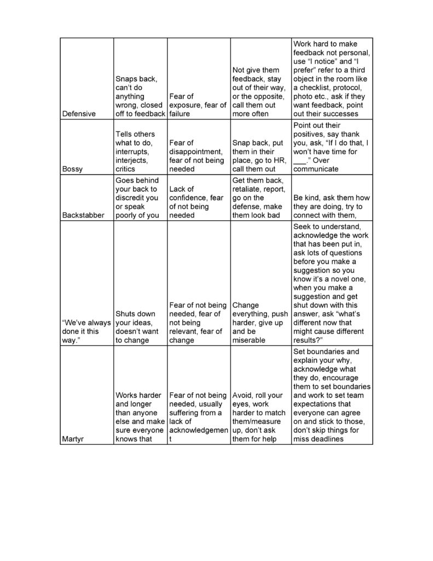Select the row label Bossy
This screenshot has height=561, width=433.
73,169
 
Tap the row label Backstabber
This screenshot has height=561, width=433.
84,215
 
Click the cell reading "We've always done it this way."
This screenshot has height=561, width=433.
85,331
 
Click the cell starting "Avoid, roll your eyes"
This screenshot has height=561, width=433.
260,417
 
